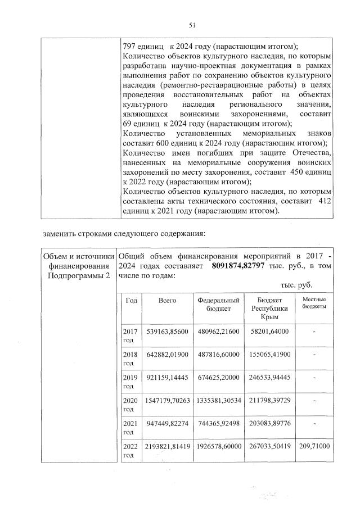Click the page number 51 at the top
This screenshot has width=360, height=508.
(x=191, y=25)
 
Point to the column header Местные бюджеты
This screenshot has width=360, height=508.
(x=314, y=304)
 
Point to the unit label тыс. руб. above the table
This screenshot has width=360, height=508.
(x=296, y=285)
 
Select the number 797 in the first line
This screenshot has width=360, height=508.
(x=130, y=46)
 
